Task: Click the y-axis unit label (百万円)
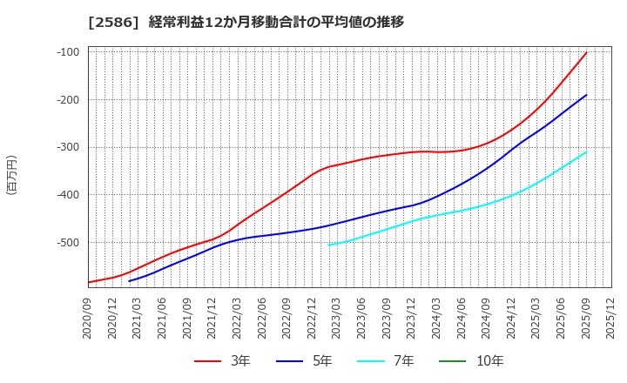coord(11,174)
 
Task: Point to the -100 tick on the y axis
coord(67,52)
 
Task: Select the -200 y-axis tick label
coord(67,100)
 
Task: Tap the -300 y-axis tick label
coord(67,147)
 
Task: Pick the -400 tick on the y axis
coord(67,195)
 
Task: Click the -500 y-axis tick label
coord(67,243)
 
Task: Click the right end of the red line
coord(586,52)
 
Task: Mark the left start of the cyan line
coord(329,245)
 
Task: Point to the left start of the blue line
coord(129,281)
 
